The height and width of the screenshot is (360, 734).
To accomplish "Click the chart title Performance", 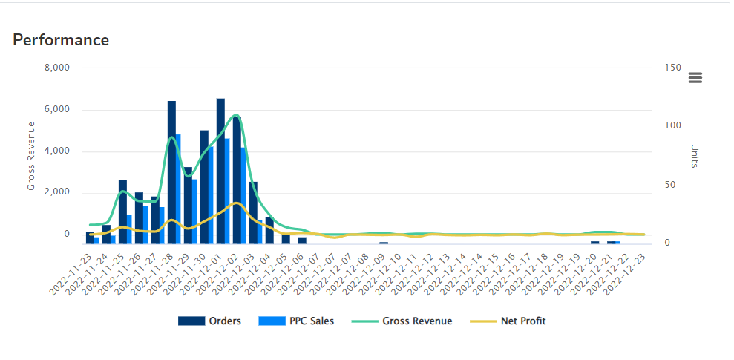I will point(61,40).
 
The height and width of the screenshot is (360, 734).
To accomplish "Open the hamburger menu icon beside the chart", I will point(695,78).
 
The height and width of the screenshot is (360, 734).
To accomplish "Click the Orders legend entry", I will point(209,321).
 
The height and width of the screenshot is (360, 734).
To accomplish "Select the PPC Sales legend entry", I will point(296,321).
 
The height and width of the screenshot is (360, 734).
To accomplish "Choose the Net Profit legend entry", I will point(509,321).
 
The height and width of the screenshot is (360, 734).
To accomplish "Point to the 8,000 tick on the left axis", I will point(56,68).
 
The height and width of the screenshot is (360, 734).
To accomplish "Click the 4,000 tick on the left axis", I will point(56,151).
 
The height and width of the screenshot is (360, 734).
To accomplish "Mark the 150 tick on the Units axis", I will point(672,68).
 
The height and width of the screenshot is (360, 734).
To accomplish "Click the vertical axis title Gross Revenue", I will point(31,156).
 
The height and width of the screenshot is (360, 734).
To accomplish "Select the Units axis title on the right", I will point(695,156).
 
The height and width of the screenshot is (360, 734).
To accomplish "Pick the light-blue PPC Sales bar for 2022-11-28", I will point(177,189).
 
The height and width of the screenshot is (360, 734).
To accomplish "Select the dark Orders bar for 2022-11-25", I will point(122,212).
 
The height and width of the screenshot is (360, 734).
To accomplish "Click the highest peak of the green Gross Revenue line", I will point(236,115).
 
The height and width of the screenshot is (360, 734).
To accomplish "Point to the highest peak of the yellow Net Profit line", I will point(236,203).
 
